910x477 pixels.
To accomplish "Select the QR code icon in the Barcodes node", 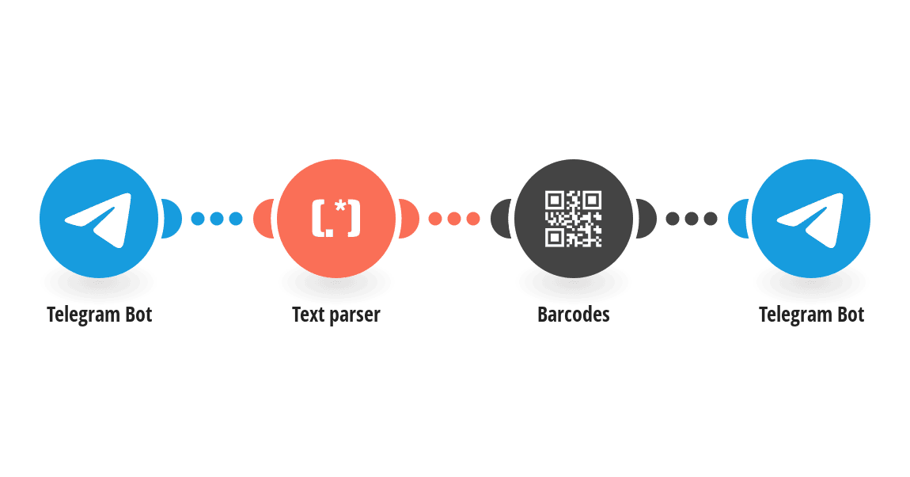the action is pyautogui.click(x=574, y=219).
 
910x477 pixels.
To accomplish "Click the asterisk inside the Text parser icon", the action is pyautogui.click(x=340, y=207).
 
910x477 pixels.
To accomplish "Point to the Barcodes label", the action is pyautogui.click(x=574, y=315).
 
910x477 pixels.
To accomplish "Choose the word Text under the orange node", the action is pyautogui.click(x=308, y=315).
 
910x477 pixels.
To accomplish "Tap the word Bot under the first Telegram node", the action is pyautogui.click(x=138, y=315).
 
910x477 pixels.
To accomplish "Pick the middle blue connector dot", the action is pyautogui.click(x=217, y=219).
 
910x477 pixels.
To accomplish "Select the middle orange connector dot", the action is pyautogui.click(x=454, y=219).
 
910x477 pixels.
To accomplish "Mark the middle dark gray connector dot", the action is pyautogui.click(x=692, y=219).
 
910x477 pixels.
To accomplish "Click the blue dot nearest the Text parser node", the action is pyautogui.click(x=236, y=219).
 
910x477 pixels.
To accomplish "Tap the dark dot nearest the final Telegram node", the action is pyautogui.click(x=711, y=219).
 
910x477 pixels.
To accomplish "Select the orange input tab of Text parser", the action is pyautogui.click(x=263, y=219).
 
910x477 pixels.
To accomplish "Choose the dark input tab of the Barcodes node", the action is pyautogui.click(x=500, y=219).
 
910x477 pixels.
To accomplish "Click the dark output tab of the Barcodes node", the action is pyautogui.click(x=647, y=219).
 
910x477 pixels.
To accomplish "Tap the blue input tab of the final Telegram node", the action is pyautogui.click(x=737, y=219).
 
